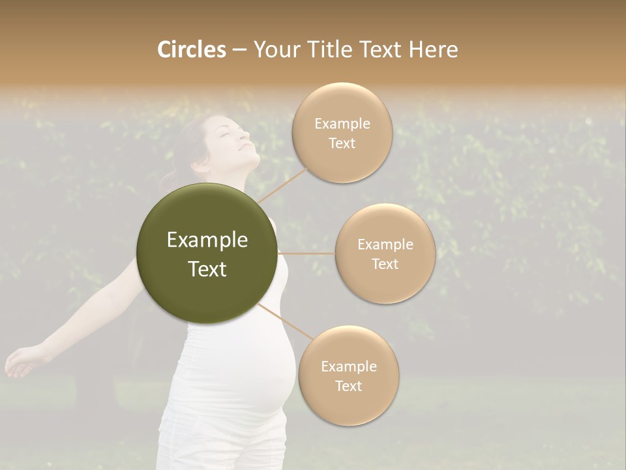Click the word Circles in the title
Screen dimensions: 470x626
191,50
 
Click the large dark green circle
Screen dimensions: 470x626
207,253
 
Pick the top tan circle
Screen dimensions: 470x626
342,133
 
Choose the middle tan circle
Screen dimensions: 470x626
385,253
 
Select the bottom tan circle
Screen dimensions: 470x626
348,375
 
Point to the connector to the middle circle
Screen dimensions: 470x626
306,253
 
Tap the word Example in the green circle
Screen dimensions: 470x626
207,240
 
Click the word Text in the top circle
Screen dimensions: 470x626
342,143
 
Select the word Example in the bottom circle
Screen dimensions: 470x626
348,366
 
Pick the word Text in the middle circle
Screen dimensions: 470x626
385,264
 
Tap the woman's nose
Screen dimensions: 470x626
245,133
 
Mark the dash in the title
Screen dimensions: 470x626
239,50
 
